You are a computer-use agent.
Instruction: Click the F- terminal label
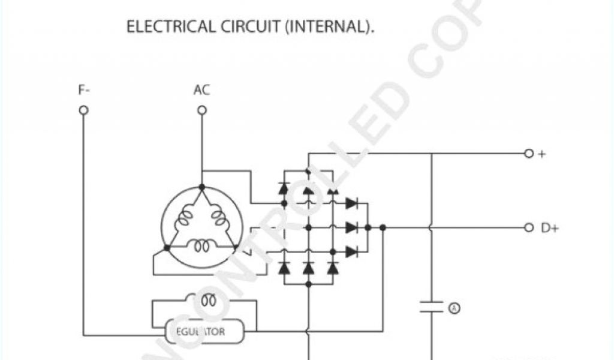click(x=84, y=91)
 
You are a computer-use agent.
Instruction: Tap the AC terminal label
click(x=201, y=91)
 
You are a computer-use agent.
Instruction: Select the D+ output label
click(x=549, y=228)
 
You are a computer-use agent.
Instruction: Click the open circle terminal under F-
click(x=84, y=110)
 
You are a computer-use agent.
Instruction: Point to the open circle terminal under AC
click(x=202, y=110)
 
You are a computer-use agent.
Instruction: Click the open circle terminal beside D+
click(x=528, y=227)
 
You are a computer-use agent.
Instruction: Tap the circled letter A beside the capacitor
click(x=454, y=308)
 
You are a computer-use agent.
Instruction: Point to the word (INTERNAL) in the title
click(x=330, y=27)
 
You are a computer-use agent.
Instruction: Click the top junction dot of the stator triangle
click(x=201, y=187)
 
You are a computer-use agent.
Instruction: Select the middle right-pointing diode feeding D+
click(x=352, y=227)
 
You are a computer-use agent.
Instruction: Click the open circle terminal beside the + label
click(x=528, y=154)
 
